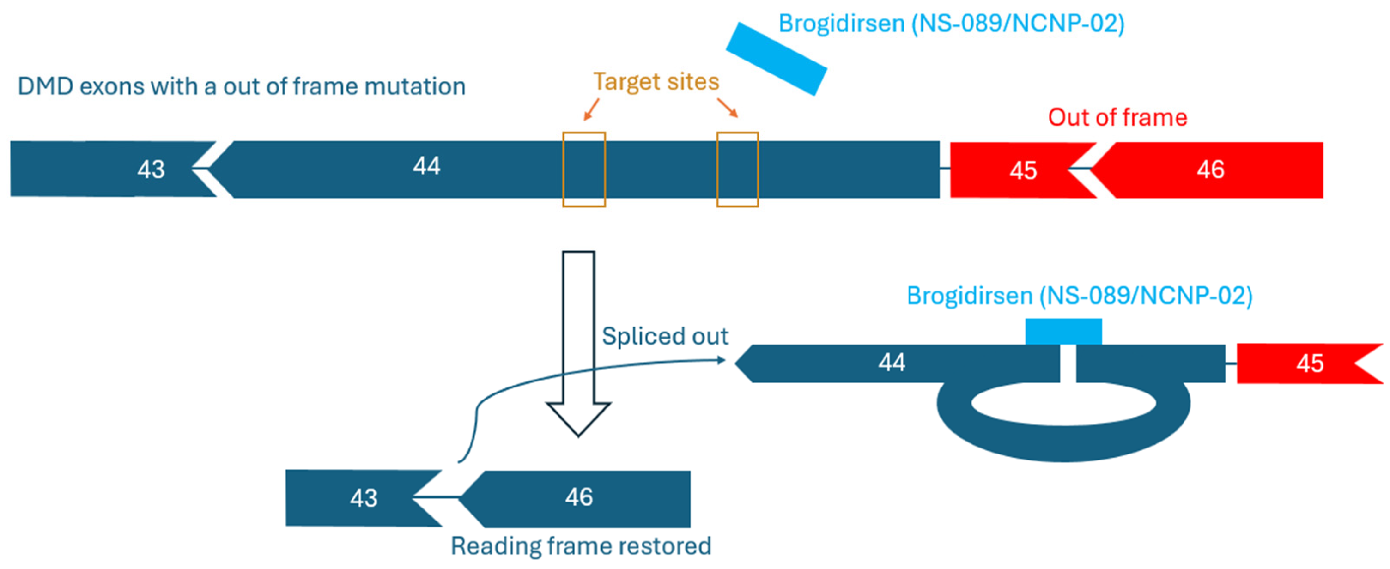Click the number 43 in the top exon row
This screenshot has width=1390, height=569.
pos(151,169)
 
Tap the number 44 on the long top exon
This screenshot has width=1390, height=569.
pos(426,166)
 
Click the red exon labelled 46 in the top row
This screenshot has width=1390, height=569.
pos(1210,169)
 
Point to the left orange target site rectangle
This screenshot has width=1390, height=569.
pos(584,169)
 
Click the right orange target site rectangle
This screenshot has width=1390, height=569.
pos(737,169)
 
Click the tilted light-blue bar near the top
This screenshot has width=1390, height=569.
pos(776,59)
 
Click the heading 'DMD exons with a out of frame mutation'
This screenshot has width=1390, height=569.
pos(241,86)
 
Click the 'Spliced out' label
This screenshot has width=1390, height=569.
pos(664,336)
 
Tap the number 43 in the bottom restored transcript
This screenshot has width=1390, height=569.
pos(363,497)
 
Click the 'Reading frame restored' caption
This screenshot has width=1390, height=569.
pos(581,546)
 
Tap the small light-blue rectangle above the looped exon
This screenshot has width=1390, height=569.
pos(1063,331)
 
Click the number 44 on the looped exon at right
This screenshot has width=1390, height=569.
pos(892,363)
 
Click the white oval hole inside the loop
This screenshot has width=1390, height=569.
pos(1063,405)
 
